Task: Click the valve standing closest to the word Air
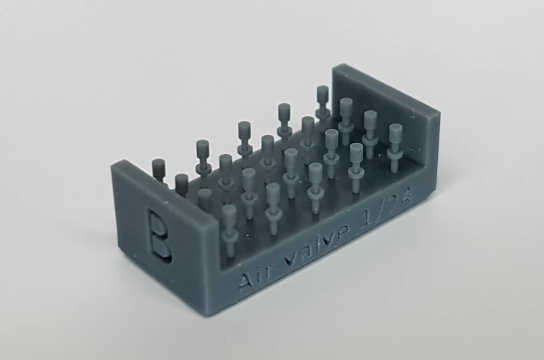[x=229, y=229]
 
